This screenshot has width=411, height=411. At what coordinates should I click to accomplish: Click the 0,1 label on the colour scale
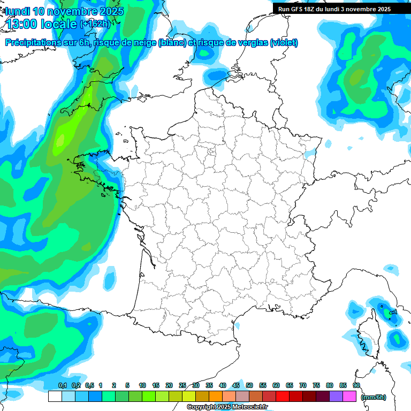[63, 386]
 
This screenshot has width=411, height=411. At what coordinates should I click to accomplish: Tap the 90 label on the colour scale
[356, 386]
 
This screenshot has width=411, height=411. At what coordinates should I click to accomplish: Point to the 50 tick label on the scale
[249, 386]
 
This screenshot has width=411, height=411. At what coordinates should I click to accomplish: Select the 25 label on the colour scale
[182, 386]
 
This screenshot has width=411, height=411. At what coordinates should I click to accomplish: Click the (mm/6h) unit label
[374, 397]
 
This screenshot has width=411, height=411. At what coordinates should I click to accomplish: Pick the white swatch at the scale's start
[55, 397]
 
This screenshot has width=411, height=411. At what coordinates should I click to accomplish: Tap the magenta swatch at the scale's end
[349, 397]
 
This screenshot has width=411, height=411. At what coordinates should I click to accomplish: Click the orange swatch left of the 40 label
[216, 397]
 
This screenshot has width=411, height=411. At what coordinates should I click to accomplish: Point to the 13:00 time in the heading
[24, 24]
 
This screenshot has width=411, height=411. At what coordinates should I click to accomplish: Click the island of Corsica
[368, 334]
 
